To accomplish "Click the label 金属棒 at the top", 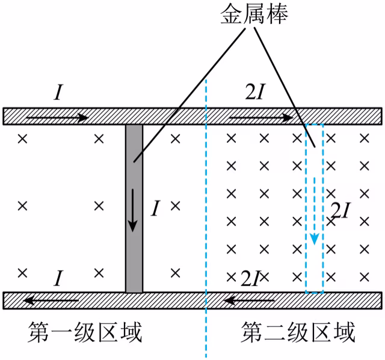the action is point(254,14).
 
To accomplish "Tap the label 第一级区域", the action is point(85,332).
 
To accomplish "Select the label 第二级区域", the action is point(298,332).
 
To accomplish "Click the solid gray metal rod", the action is point(134,209).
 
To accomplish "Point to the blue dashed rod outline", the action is point(306,209).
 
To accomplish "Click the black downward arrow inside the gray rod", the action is point(132,210).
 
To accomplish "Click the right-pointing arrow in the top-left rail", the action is point(57,118).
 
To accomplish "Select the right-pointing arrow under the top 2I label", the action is point(261,118).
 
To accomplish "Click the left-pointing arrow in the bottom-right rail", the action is point(250,300).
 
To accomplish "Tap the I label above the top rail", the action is point(58,92).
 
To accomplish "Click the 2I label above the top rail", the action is point(256,92).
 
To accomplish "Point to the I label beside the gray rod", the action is point(155,208).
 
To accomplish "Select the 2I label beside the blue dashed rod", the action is point(340,210).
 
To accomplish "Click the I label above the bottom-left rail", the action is point(58,278).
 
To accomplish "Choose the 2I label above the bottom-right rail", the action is point(250,279).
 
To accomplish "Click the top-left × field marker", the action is point(23,139).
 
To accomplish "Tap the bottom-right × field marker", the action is point(365,277).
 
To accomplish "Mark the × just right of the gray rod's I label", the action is point(175,206).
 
